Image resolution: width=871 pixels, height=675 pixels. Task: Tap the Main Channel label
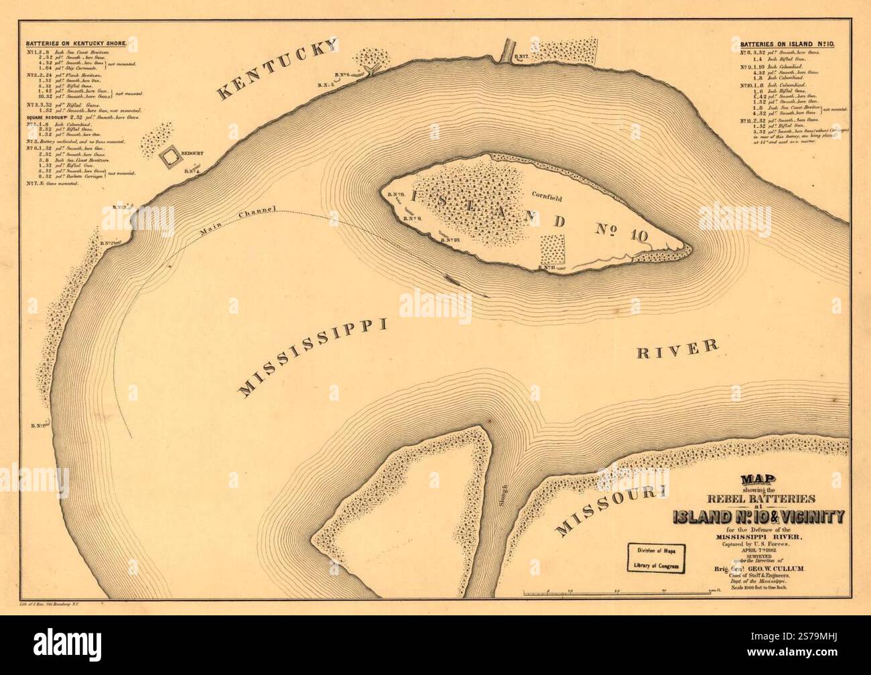click(237, 222)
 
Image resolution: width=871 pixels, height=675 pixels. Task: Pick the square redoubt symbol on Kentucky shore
click(172, 156)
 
